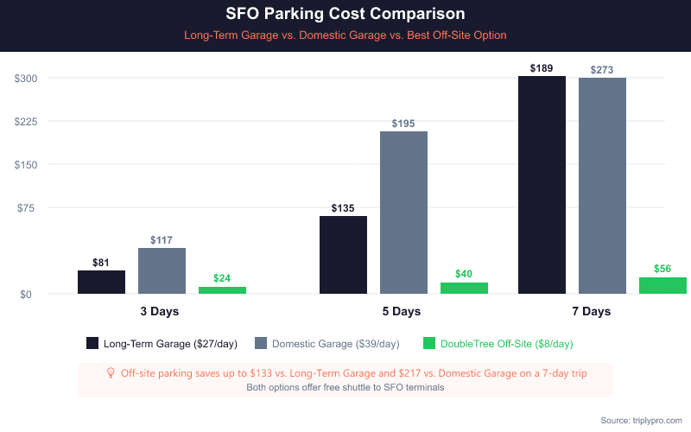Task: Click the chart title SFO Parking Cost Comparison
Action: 345,15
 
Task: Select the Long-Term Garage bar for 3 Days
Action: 101,283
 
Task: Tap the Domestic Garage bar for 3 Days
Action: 162,271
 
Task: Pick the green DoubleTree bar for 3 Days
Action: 222,290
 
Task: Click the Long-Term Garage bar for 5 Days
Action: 343,255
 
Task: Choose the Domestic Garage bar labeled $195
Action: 403,213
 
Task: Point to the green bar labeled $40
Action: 464,289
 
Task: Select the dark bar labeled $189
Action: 542,185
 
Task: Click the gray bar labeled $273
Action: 602,186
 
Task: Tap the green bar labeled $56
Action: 662,286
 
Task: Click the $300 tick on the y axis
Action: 26,79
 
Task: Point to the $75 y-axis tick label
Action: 29,208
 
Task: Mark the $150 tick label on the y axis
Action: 26,165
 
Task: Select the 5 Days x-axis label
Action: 402,311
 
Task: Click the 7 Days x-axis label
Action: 591,311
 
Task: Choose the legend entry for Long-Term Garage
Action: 162,344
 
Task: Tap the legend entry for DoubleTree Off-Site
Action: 498,344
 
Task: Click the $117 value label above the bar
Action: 162,240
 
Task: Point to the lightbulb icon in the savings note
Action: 111,373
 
